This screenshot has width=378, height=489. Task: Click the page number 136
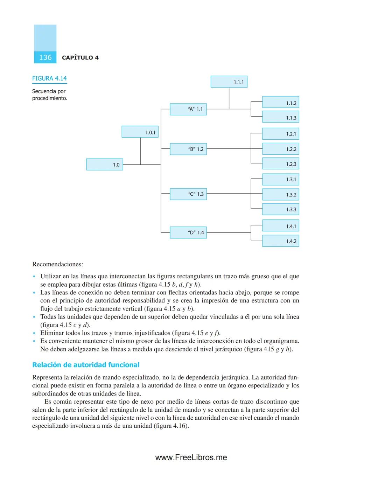point(45,57)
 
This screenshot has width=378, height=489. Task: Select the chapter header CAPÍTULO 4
point(80,58)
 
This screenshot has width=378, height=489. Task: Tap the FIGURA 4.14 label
point(49,78)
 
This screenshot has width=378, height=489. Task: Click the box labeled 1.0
point(105,165)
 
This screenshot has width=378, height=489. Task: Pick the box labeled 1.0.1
point(140,132)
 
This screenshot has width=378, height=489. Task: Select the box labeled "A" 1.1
point(188,109)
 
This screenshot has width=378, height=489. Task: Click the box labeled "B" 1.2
point(188,149)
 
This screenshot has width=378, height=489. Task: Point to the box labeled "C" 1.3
point(188,194)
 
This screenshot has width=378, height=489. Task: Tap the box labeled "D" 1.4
point(188,232)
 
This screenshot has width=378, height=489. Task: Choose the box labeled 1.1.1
point(229,82)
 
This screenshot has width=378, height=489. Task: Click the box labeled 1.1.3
point(281,118)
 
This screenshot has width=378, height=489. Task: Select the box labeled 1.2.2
point(281,149)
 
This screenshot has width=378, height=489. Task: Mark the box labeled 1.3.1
point(281,180)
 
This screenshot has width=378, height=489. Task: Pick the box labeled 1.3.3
point(281,209)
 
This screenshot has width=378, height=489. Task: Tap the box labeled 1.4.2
point(281,241)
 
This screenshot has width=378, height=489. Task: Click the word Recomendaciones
point(57,264)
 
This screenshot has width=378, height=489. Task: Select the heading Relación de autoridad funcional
point(86,365)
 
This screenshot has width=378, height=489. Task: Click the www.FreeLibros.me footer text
point(191,457)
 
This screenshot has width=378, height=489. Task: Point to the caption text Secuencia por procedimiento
point(49,95)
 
